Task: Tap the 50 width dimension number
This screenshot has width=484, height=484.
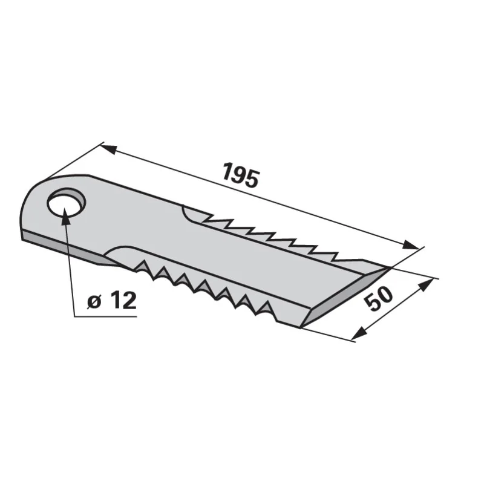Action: pyautogui.click(x=379, y=298)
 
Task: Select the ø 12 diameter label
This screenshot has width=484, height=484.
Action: pyautogui.click(x=111, y=301)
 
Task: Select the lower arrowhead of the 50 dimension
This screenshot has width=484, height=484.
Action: pyautogui.click(x=358, y=334)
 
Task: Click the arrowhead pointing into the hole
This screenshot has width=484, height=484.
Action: pyautogui.click(x=65, y=216)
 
